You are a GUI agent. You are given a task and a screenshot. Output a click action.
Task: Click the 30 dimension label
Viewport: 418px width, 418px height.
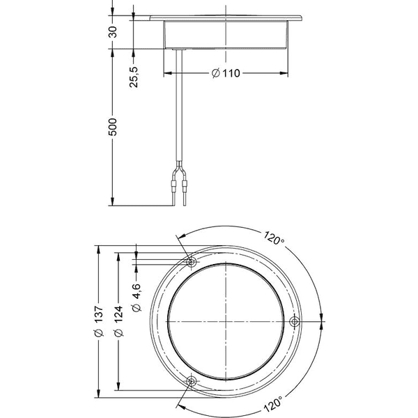[113, 32]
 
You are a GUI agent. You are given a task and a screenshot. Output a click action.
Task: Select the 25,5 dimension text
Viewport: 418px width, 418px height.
[134, 77]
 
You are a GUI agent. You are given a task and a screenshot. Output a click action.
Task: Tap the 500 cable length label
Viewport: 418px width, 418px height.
[113, 127]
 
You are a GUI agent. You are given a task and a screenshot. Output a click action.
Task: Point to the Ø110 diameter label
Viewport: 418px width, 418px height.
[226, 72]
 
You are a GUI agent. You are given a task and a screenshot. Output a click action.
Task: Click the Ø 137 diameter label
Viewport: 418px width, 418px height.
[99, 321]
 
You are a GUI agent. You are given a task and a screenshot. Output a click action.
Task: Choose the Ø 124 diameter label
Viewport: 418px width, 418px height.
[118, 321]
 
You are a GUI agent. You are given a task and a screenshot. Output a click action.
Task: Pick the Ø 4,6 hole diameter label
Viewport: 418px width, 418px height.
[137, 297]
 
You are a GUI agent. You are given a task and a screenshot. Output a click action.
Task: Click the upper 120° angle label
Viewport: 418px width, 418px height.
[274, 238]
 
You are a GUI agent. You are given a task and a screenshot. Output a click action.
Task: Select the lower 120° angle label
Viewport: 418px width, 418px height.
[273, 404]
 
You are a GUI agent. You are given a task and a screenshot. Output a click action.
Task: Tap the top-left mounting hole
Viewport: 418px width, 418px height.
[191, 262]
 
